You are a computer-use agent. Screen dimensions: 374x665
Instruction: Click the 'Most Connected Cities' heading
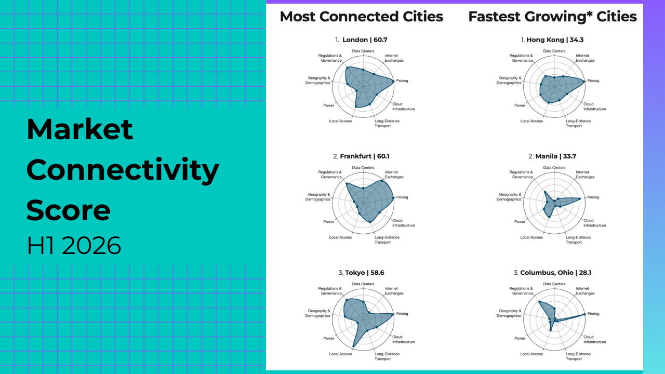tap(361, 17)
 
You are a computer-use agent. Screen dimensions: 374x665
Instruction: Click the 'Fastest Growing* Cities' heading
tap(552, 17)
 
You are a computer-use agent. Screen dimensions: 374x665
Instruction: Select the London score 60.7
tap(380, 39)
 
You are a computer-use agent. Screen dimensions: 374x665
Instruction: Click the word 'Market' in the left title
tap(79, 129)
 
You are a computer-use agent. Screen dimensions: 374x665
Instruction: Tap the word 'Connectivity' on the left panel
tap(123, 170)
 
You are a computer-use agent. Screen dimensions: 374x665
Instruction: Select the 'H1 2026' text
tap(73, 245)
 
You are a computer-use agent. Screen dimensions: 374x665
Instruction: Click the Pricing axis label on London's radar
tap(402, 81)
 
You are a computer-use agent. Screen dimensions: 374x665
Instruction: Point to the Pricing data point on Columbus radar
tap(585, 314)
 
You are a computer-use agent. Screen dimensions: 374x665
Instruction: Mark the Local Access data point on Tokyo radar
tap(353, 346)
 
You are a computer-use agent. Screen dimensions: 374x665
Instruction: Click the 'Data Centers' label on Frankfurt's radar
tap(363, 167)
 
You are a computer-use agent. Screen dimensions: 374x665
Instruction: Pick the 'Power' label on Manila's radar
tap(520, 222)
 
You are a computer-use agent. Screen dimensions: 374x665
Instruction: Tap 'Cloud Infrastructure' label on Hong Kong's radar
tap(594, 106)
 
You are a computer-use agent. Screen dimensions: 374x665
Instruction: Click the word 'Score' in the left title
tap(69, 210)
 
